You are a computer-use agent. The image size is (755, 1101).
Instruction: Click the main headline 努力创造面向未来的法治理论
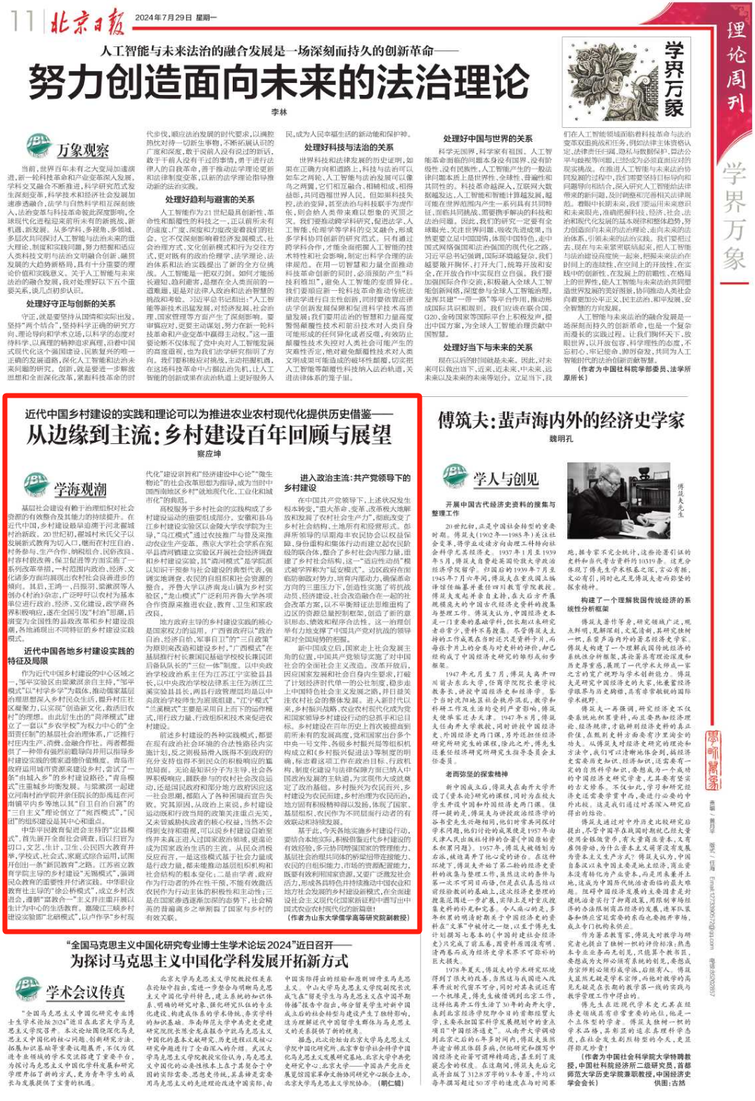(278, 83)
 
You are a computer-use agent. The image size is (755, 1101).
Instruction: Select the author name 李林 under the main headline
(279, 112)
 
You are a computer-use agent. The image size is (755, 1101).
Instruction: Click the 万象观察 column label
(82, 150)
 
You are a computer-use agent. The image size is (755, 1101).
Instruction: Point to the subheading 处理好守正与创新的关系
(71, 304)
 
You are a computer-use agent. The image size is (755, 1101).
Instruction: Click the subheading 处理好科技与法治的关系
(349, 147)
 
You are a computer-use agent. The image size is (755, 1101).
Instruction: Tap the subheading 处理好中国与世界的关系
(488, 138)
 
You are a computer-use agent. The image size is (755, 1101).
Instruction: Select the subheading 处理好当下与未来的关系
(488, 347)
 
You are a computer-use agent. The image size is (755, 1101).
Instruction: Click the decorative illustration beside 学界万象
(613, 79)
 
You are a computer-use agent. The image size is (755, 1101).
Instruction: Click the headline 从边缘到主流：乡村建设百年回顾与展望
(209, 435)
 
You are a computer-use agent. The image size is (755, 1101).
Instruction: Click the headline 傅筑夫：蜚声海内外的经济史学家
(561, 420)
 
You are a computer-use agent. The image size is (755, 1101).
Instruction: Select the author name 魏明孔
(560, 438)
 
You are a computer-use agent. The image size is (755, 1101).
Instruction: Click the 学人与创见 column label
(505, 479)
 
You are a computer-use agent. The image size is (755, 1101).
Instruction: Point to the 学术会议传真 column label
(86, 992)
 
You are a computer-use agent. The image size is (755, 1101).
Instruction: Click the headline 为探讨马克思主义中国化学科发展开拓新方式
(209, 960)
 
